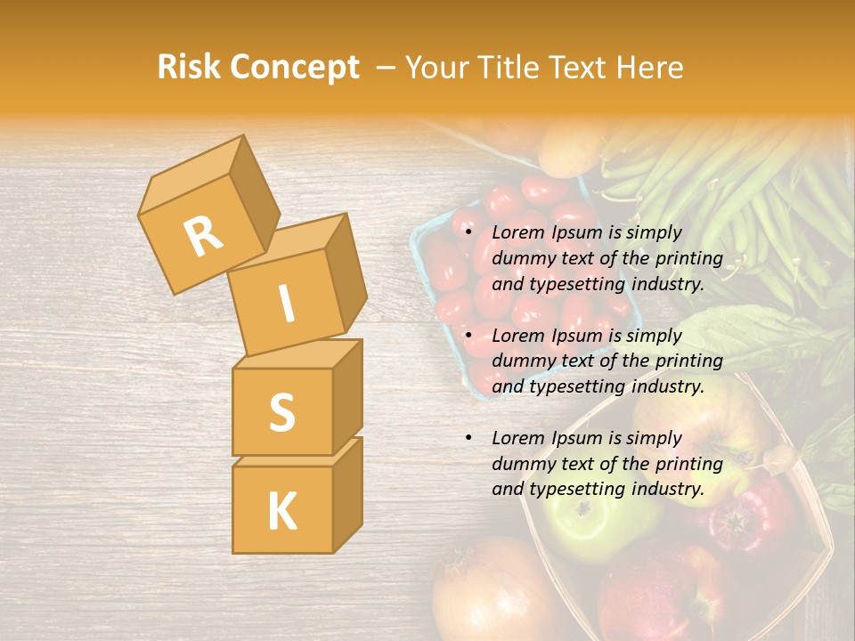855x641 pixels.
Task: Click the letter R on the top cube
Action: (x=203, y=236)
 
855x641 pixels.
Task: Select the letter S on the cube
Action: (x=281, y=412)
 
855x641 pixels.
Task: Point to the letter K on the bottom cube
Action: (x=281, y=512)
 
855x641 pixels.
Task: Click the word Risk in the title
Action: (x=190, y=68)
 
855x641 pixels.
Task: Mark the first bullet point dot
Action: (x=468, y=232)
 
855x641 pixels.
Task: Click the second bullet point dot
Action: (x=468, y=336)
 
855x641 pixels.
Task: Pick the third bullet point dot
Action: (x=468, y=438)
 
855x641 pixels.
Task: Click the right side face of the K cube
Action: (x=347, y=491)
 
